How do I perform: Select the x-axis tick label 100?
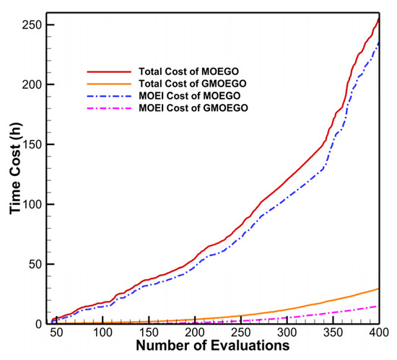[102, 336]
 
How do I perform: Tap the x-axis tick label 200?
[195, 336]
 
